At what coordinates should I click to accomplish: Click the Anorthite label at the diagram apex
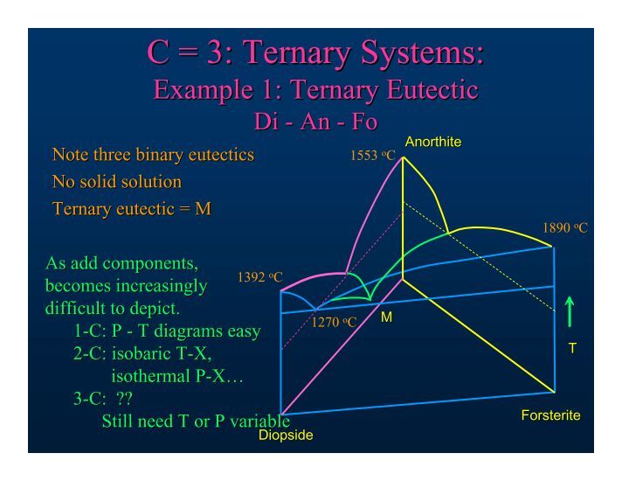433,142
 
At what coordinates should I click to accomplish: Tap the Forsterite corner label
550,415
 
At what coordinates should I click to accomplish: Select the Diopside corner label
286,435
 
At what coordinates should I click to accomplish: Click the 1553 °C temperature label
373,156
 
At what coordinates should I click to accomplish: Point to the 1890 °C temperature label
565,228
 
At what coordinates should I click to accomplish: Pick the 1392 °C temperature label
259,277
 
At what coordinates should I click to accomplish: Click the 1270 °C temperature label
334,322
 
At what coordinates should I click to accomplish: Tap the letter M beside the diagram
386,317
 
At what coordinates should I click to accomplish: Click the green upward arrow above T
570,312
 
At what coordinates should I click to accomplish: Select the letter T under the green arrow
572,348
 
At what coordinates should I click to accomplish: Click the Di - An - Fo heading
315,122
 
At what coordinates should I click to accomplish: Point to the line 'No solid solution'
117,182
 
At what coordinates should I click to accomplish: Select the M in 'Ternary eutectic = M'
203,208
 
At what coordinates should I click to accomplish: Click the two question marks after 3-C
124,399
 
